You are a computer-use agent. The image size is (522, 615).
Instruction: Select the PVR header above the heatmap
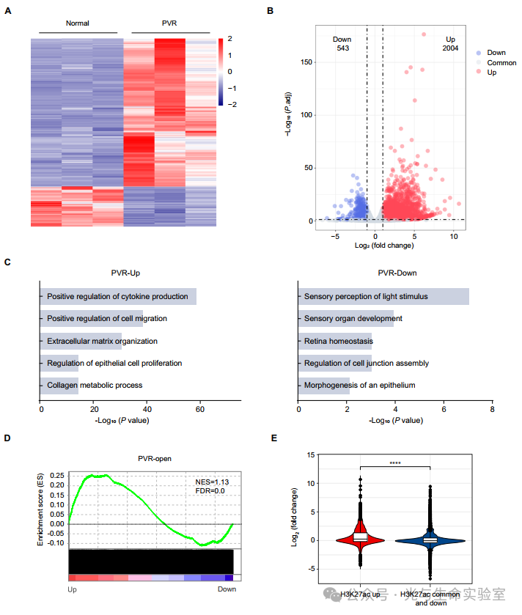(169, 23)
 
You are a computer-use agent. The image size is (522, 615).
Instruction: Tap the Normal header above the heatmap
(77, 23)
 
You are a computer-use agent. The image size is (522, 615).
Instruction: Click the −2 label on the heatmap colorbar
(231, 105)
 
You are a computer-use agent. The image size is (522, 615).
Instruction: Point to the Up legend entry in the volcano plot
(491, 73)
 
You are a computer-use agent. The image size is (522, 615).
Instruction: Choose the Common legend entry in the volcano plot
(501, 63)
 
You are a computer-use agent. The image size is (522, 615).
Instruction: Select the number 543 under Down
(342, 48)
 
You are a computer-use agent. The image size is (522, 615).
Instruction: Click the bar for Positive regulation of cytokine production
(117, 297)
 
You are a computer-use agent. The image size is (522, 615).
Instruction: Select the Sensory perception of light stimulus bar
(383, 297)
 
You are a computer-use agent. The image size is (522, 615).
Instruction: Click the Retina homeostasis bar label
(335, 341)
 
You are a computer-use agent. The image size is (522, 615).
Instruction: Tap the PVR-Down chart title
(397, 273)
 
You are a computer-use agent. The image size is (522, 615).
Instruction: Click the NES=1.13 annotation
(211, 482)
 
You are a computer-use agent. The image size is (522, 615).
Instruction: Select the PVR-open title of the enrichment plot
(155, 459)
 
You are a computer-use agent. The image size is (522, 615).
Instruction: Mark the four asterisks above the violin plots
(395, 463)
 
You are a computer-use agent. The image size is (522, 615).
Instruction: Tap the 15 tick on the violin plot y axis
(311, 455)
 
